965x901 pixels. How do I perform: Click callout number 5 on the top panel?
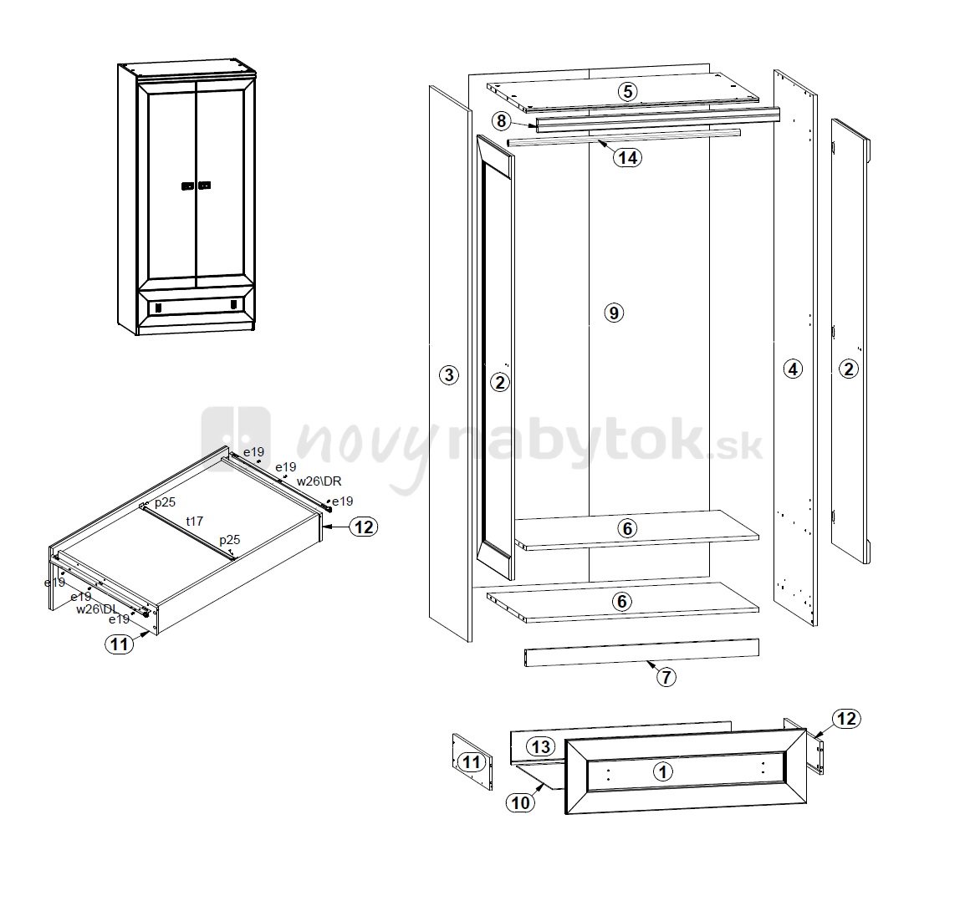627,92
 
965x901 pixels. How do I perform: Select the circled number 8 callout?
501,121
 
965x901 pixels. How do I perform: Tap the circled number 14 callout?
627,157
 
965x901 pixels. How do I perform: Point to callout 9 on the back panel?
614,313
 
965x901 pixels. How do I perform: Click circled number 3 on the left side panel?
449,374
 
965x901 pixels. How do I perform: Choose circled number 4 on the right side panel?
793,369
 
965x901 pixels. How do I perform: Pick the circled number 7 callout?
666,677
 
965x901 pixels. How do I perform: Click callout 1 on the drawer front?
663,771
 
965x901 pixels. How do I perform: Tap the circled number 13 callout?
541,746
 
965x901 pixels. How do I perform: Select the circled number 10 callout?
520,802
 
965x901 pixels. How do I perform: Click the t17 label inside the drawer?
195,522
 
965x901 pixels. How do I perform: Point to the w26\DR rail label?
319,481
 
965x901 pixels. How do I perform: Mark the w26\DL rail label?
97,608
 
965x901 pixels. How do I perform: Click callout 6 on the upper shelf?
627,528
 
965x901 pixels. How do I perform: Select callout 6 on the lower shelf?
621,601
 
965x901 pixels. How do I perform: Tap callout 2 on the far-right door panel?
849,369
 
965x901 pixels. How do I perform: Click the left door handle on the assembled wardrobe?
188,186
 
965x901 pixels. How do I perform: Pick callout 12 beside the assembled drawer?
364,527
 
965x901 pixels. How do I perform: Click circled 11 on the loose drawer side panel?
471,762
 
